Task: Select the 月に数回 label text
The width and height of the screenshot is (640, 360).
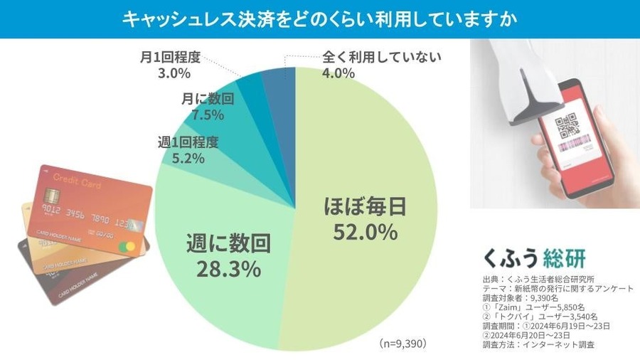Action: coord(203,99)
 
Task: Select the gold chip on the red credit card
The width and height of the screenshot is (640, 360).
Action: coord(51,196)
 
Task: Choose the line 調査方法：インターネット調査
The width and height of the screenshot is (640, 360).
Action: coord(538,344)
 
